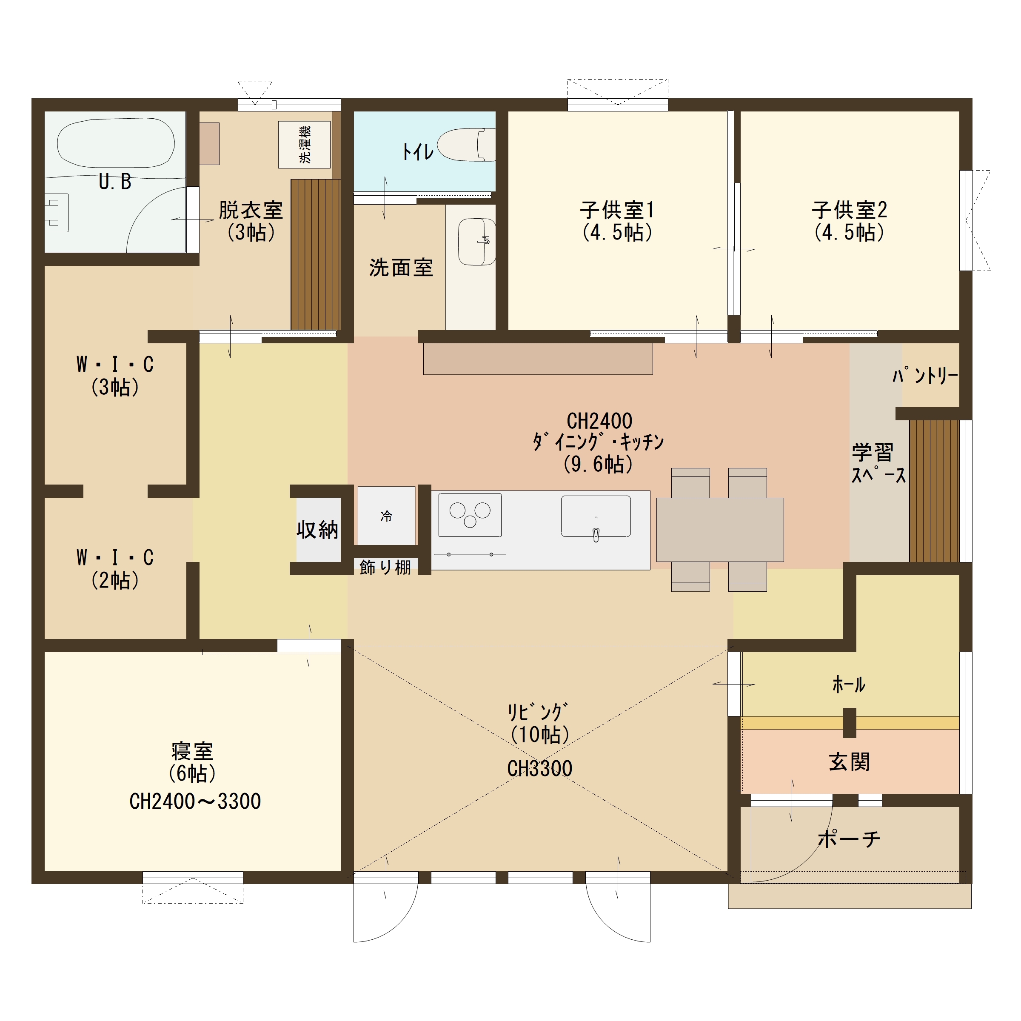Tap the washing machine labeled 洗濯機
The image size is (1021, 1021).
(x=305, y=145)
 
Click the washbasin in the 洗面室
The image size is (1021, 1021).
(x=476, y=242)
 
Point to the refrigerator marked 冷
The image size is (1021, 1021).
(x=386, y=516)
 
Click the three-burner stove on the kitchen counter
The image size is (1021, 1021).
(x=470, y=515)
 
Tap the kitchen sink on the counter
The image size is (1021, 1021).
(x=596, y=516)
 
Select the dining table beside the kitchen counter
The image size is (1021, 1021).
(x=720, y=530)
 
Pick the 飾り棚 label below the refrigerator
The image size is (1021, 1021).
(x=385, y=568)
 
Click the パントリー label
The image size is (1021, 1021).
(x=925, y=376)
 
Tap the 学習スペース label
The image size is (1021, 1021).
(x=879, y=463)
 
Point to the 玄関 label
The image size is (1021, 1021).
(x=849, y=763)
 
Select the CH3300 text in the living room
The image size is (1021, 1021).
(x=539, y=769)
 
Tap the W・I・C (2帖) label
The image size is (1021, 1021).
(x=115, y=569)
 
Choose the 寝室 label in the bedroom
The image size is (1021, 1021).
(x=192, y=751)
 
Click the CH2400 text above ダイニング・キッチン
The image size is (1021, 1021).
(x=599, y=421)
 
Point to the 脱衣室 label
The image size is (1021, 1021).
(x=251, y=210)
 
